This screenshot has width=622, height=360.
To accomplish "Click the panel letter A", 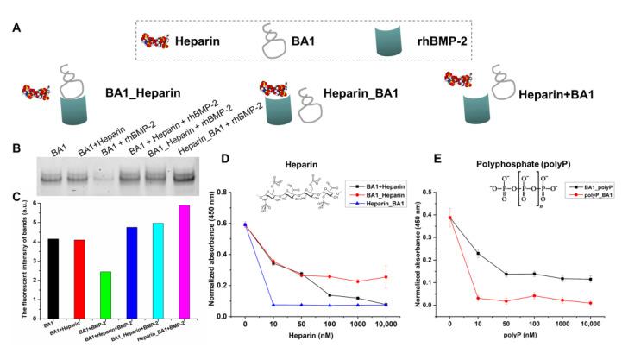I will [16, 26].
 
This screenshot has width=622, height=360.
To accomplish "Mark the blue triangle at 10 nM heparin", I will [273, 305].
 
